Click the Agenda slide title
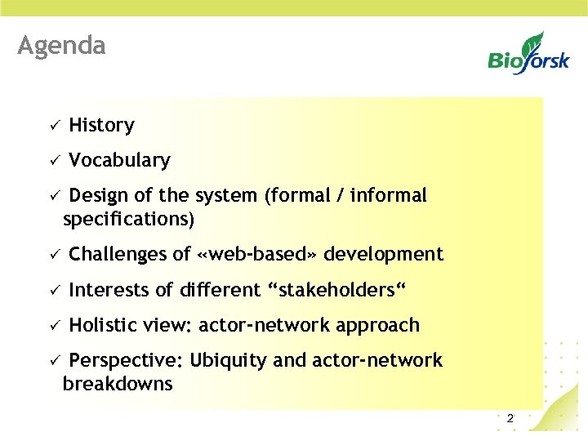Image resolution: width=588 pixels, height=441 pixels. [x=61, y=45]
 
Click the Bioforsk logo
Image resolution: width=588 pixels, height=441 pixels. [x=528, y=55]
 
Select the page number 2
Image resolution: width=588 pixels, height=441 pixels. [x=510, y=418]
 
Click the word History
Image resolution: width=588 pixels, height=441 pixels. [x=101, y=125]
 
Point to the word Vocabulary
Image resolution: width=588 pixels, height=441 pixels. [x=119, y=161]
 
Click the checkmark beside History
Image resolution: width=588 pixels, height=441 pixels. [x=51, y=126]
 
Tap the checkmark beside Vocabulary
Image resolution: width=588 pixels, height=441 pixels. [x=51, y=161]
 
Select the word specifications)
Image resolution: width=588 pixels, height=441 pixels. [x=129, y=220]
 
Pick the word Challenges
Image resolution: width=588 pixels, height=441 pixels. [x=119, y=255]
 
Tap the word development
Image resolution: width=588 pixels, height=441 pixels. [x=383, y=255]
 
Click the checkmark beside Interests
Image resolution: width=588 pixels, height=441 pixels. [x=51, y=291]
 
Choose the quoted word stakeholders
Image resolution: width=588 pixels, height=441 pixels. [x=336, y=290]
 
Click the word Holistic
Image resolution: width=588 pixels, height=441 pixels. [x=103, y=325]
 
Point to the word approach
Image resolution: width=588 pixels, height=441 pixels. [x=376, y=326]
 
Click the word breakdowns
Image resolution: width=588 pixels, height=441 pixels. [x=118, y=385]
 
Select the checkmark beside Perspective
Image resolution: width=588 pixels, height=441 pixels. [x=51, y=361]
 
